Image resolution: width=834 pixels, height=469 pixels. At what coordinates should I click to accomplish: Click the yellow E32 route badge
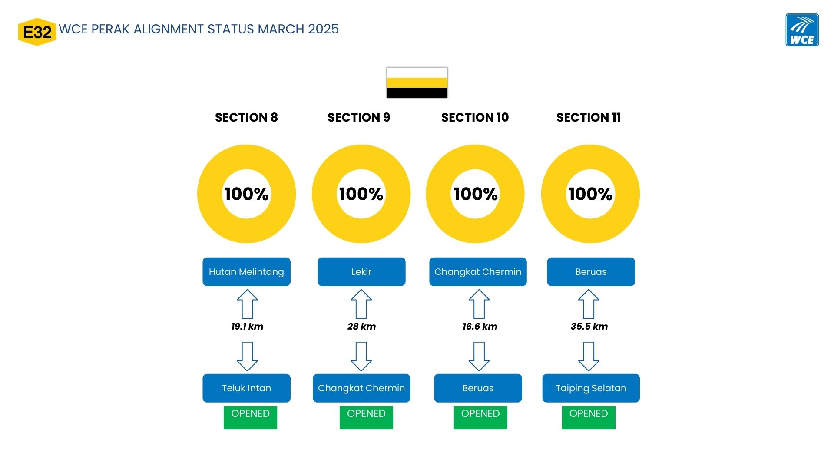pyautogui.click(x=37, y=32)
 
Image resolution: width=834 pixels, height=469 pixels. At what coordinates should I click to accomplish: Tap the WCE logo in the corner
pyautogui.click(x=802, y=30)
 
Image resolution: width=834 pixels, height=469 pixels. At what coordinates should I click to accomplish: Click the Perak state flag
pyautogui.click(x=417, y=83)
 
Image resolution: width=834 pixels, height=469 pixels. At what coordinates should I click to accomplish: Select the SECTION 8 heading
pyautogui.click(x=246, y=117)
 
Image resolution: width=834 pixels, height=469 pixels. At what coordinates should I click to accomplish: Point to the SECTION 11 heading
pyautogui.click(x=589, y=117)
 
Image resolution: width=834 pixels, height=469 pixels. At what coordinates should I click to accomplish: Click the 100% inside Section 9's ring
pyautogui.click(x=361, y=194)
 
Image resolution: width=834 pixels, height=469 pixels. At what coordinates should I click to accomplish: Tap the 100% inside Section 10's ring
pyautogui.click(x=476, y=194)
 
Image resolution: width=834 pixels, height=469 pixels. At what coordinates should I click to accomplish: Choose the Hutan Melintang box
pyautogui.click(x=246, y=272)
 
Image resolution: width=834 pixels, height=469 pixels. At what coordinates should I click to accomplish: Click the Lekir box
pyautogui.click(x=361, y=272)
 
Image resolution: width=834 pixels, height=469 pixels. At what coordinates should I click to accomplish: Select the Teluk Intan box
pyautogui.click(x=246, y=388)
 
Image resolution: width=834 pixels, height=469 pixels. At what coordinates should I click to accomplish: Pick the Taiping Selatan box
pyautogui.click(x=591, y=388)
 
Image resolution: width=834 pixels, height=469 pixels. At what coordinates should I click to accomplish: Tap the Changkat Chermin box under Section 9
pyautogui.click(x=361, y=388)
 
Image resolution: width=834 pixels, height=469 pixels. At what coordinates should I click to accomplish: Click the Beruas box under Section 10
pyautogui.click(x=478, y=388)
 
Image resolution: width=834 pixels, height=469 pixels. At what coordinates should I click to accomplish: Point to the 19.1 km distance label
pyautogui.click(x=247, y=327)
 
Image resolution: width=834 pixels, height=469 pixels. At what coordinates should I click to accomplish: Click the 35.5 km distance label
pyautogui.click(x=589, y=327)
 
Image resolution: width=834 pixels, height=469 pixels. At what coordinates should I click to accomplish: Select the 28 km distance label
pyautogui.click(x=361, y=327)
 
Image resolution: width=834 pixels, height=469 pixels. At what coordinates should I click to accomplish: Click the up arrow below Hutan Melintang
pyautogui.click(x=247, y=304)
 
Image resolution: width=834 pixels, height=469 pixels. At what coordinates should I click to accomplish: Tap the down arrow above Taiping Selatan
pyautogui.click(x=589, y=357)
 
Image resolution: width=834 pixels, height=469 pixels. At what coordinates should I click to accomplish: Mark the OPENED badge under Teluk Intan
pyautogui.click(x=250, y=418)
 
